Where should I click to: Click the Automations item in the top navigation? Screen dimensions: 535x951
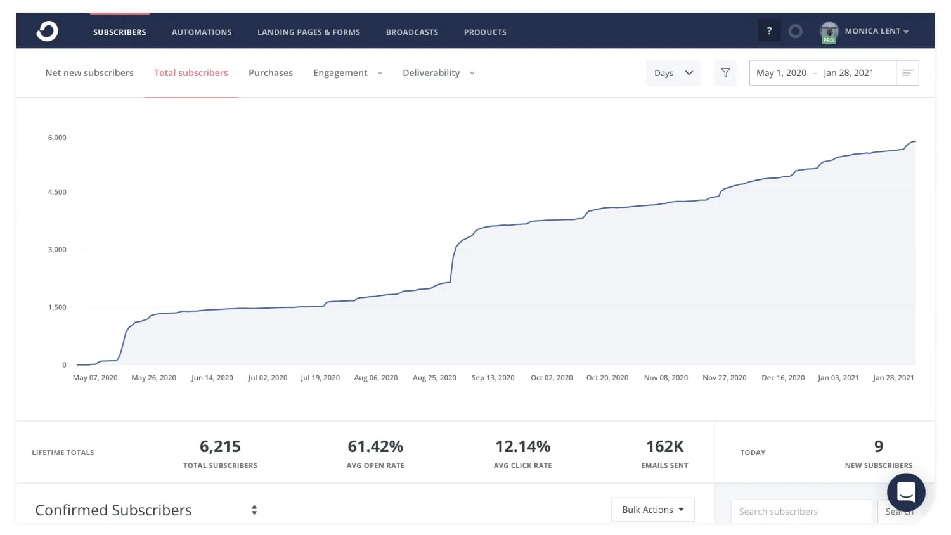pyautogui.click(x=202, y=32)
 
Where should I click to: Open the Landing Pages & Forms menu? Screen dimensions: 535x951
pyautogui.click(x=309, y=32)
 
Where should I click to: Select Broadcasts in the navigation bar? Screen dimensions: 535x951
pyautogui.click(x=412, y=32)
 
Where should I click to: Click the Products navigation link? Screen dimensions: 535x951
pyautogui.click(x=485, y=32)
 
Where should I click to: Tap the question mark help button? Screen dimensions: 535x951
pyautogui.click(x=769, y=31)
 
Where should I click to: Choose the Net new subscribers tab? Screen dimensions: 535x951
pyautogui.click(x=89, y=73)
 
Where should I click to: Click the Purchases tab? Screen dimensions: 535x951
pyautogui.click(x=271, y=73)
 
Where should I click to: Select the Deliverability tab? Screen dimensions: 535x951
pyautogui.click(x=438, y=73)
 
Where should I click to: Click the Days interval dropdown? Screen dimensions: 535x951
pyautogui.click(x=673, y=73)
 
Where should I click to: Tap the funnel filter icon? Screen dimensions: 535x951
pyautogui.click(x=725, y=73)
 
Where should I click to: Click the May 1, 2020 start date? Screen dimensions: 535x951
pyautogui.click(x=781, y=73)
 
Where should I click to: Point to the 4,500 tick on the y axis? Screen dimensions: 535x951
pyautogui.click(x=57, y=192)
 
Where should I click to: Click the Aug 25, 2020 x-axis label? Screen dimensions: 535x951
pyautogui.click(x=434, y=378)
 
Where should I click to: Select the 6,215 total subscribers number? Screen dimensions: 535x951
pyautogui.click(x=220, y=447)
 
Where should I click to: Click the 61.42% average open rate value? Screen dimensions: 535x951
pyautogui.click(x=375, y=447)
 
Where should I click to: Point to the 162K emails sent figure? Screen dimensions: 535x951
pyautogui.click(x=664, y=447)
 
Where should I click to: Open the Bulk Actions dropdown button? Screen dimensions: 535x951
pyautogui.click(x=652, y=510)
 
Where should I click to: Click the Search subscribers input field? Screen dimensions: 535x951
pyautogui.click(x=801, y=512)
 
